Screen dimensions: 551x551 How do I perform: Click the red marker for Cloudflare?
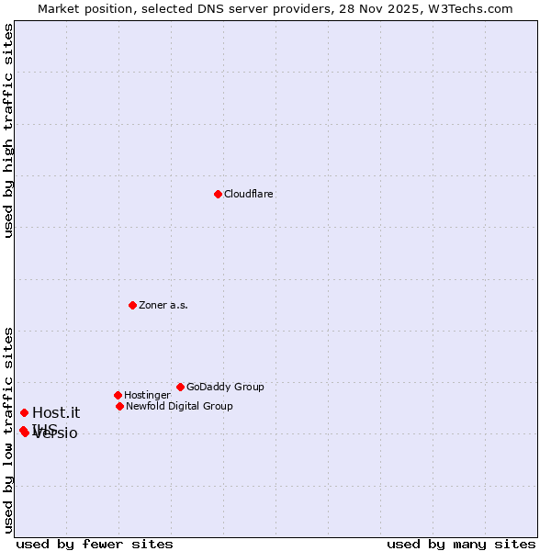point(218,194)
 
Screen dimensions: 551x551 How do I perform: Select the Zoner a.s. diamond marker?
point(132,305)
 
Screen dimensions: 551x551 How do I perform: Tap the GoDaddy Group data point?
point(180,387)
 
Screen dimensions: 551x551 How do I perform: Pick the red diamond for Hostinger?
point(118,395)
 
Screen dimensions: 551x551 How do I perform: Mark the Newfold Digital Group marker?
point(119,406)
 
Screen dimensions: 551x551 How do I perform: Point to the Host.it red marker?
point(24,412)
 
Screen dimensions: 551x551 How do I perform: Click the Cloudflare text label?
point(249,195)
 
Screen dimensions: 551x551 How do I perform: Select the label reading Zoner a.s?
point(163,306)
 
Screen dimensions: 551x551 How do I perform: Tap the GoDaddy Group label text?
point(225,388)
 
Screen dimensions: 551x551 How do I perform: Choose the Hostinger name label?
point(147,396)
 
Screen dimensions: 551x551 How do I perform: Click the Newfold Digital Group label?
point(179,407)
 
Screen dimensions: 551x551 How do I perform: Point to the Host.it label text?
point(56,413)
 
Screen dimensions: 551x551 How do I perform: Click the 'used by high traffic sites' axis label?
point(8,130)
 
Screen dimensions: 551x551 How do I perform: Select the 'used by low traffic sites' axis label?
point(8,429)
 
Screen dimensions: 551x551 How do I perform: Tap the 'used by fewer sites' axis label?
point(95,545)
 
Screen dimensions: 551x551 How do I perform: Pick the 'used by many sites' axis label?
point(461,545)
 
